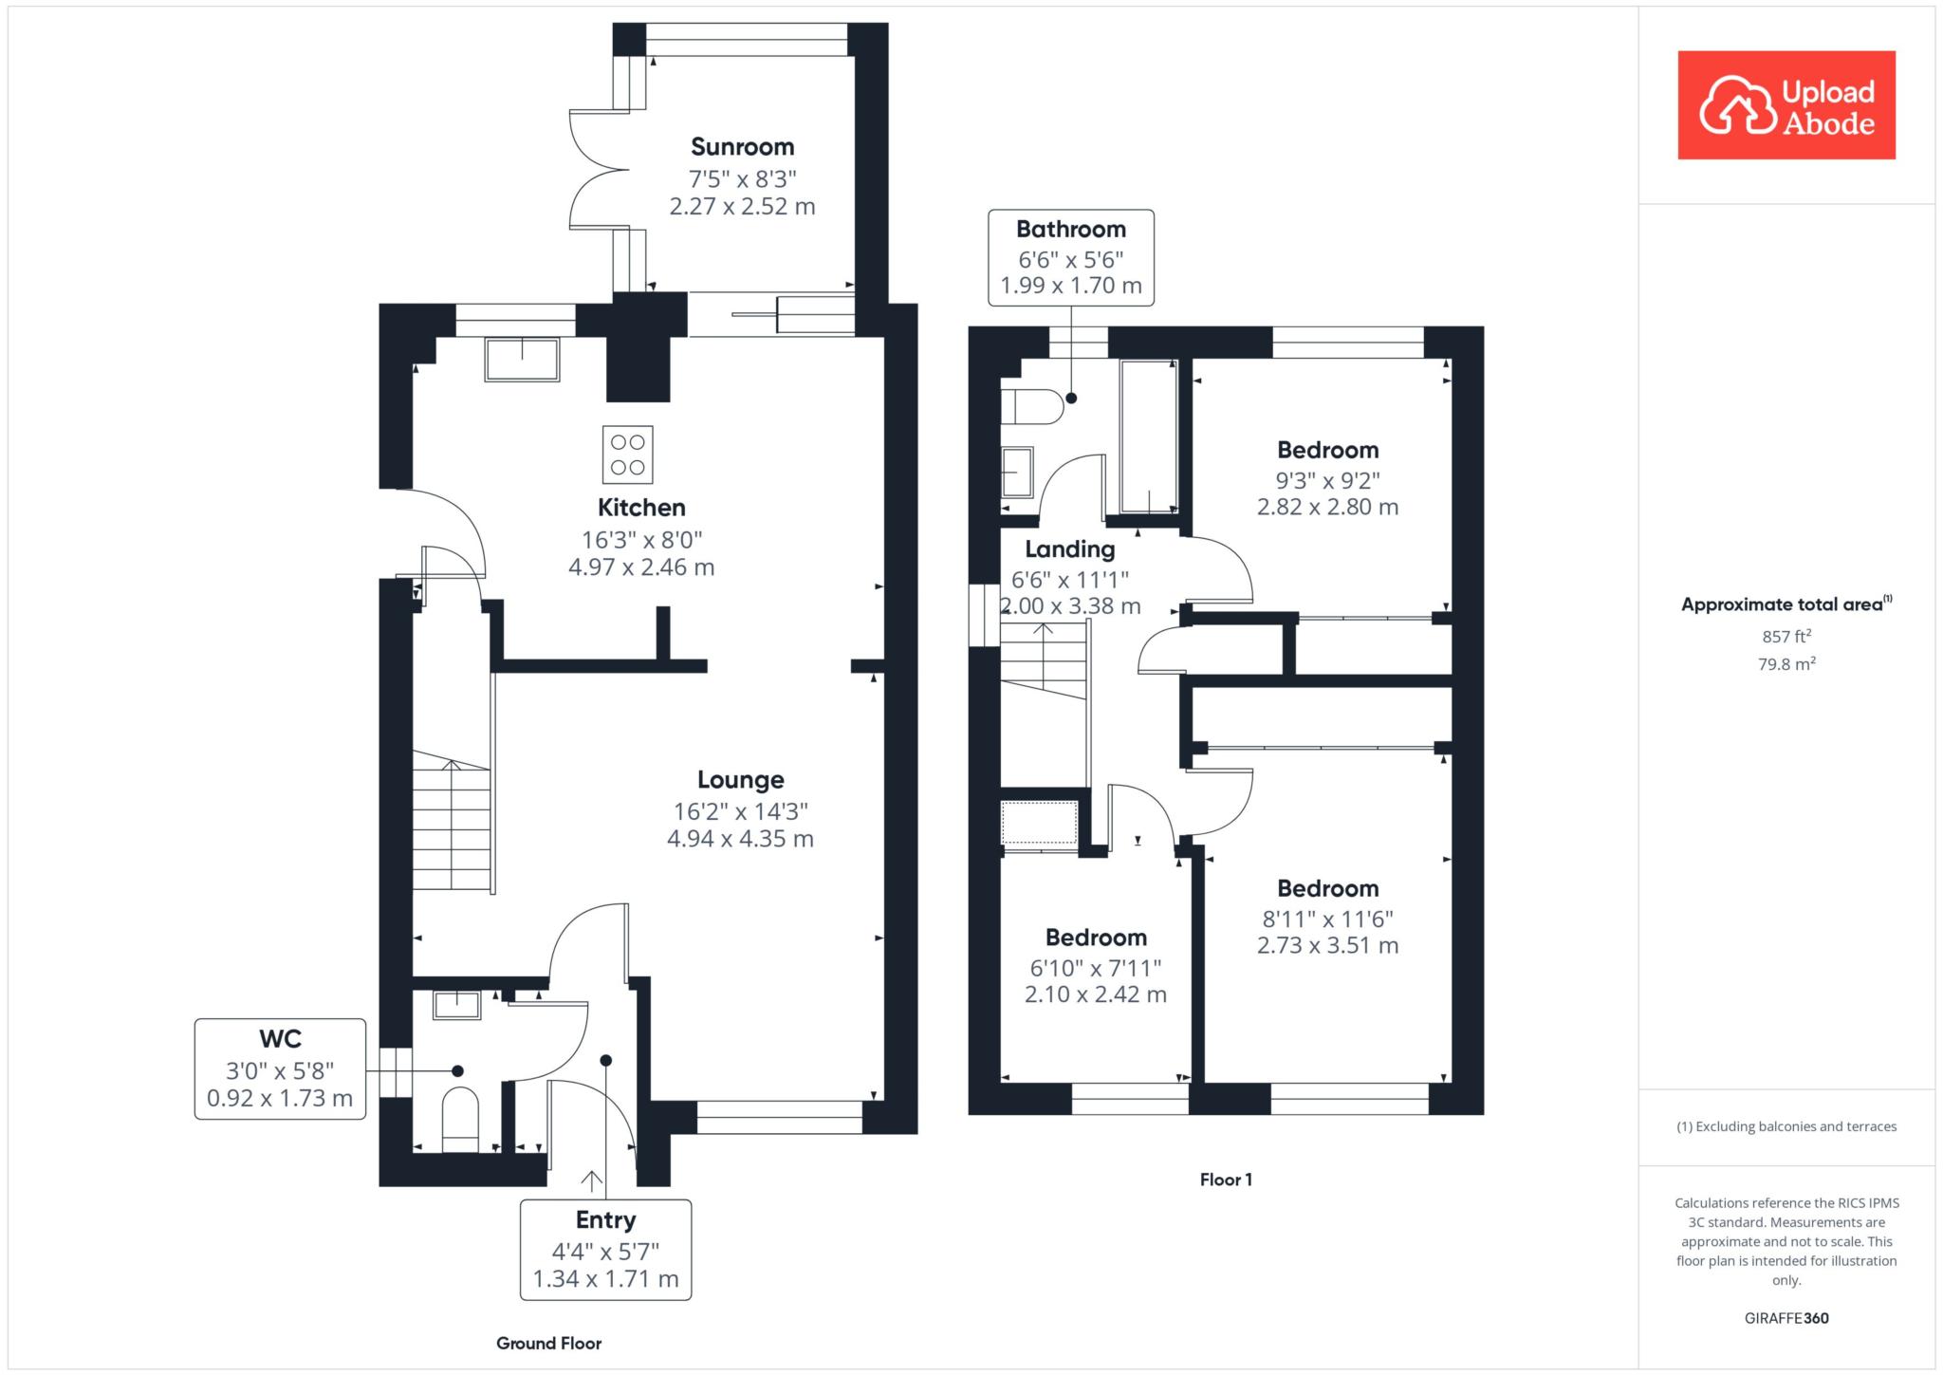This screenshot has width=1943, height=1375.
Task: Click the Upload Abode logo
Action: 1786,105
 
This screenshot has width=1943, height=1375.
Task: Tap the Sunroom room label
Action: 742,147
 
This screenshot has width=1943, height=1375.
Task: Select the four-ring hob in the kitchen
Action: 628,455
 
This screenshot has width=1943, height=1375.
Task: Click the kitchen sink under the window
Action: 522,359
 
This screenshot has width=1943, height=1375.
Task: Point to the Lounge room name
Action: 741,780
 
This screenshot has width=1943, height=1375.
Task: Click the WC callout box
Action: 280,1068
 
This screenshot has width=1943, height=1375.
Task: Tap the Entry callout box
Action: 606,1249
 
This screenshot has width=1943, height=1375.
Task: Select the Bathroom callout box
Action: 1071,257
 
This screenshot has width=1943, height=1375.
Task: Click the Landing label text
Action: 1070,549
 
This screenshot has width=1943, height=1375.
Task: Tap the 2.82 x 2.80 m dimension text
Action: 1328,507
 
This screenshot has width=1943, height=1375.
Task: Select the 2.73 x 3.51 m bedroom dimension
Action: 1328,945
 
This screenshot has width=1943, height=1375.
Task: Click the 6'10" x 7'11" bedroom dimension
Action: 1096,968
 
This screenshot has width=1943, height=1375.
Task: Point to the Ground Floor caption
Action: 549,1343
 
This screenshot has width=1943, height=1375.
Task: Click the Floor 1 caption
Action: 1226,1180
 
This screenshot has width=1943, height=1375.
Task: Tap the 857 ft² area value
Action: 1786,637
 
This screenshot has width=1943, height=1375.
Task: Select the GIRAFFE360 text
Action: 1786,1318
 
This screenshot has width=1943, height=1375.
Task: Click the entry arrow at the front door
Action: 591,1181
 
